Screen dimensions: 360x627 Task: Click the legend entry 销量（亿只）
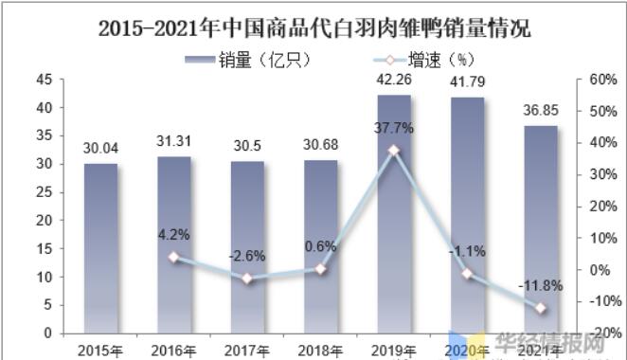249,60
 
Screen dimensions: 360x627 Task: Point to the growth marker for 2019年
394,151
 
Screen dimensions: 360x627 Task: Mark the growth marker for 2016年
174,257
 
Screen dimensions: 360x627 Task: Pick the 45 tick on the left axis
45,81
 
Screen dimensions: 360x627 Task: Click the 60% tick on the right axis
602,81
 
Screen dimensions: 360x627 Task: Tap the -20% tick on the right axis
602,333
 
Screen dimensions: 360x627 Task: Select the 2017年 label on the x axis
247,349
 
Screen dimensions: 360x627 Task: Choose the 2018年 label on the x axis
321,349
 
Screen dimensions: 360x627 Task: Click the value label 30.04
100,148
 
